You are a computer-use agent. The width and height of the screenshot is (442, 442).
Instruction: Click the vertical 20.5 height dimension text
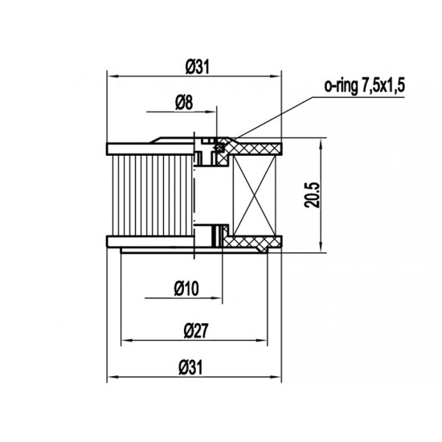pos(313,194)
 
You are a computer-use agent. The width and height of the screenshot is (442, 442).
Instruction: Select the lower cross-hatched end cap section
pos(253,240)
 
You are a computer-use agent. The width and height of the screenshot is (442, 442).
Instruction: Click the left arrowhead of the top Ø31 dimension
pos(112,76)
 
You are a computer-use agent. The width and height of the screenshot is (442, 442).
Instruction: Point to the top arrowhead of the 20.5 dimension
pos(321,142)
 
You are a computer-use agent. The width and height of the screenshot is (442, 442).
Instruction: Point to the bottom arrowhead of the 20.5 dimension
pos(321,248)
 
